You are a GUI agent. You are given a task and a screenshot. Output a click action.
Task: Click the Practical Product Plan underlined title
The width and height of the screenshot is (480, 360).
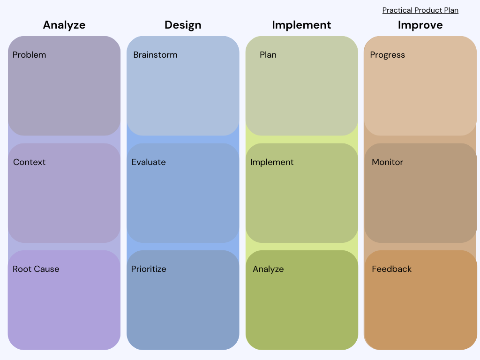420,10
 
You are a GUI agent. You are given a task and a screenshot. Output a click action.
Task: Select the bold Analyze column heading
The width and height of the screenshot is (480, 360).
64,25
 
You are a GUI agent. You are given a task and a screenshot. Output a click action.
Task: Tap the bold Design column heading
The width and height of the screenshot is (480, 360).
183,25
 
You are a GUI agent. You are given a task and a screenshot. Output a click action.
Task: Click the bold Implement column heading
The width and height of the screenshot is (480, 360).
301,25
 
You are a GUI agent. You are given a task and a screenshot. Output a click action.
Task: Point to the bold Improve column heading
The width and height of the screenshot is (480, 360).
420,25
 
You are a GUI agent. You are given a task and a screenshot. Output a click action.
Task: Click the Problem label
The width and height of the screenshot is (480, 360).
29,55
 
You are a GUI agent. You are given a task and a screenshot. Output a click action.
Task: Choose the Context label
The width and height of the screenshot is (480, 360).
29,162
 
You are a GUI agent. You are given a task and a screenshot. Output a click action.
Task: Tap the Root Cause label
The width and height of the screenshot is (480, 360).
36,269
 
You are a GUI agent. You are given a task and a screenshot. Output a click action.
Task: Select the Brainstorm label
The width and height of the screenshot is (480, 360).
155,55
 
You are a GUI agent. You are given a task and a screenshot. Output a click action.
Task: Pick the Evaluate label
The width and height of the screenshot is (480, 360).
149,162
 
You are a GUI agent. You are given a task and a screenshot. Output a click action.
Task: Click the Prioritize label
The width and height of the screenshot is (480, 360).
149,269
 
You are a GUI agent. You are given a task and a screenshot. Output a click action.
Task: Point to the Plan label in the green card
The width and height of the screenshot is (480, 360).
268,55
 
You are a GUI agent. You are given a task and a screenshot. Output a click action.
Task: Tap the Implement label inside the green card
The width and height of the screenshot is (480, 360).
272,162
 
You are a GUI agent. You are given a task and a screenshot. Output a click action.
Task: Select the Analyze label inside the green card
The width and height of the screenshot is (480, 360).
268,269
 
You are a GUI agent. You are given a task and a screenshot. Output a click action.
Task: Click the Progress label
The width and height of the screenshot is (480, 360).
387,55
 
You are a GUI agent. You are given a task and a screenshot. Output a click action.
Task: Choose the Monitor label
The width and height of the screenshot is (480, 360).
387,162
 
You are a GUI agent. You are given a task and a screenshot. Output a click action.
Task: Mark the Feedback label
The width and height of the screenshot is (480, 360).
391,269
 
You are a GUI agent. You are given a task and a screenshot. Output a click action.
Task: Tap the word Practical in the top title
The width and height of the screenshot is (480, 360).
397,10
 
